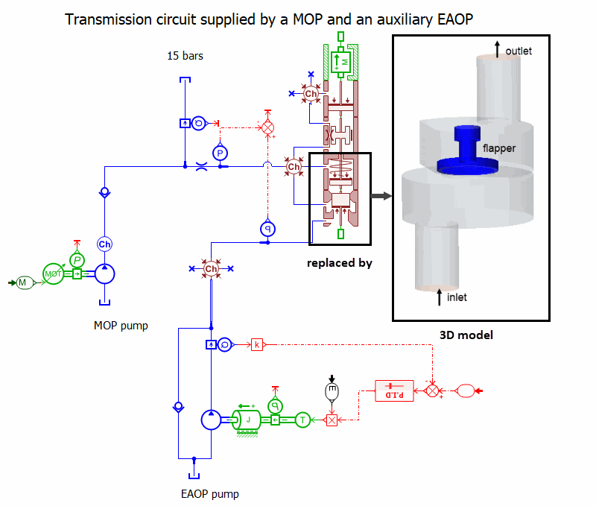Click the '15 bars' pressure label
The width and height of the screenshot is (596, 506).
click(x=185, y=56)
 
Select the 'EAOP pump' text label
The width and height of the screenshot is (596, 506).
click(x=210, y=493)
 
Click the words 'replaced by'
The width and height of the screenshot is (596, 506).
click(x=340, y=263)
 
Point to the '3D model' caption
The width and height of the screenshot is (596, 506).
click(x=468, y=335)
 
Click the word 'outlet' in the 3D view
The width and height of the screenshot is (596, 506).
click(x=519, y=51)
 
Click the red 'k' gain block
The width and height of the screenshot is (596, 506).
click(x=257, y=344)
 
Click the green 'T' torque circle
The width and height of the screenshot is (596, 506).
click(x=302, y=420)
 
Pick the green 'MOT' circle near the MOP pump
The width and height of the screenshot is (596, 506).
click(x=53, y=274)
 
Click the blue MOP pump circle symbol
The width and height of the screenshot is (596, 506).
click(x=104, y=275)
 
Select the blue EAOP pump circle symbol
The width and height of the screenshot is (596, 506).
click(x=212, y=420)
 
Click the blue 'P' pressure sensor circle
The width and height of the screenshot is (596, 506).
click(x=220, y=153)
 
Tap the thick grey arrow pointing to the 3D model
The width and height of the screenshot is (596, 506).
click(x=381, y=196)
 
